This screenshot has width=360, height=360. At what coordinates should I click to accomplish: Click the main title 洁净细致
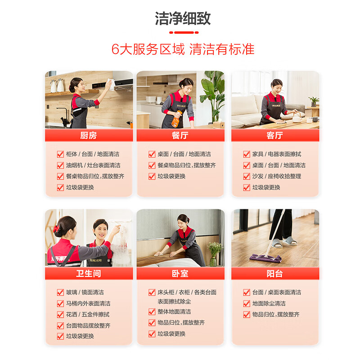(x=183, y=18)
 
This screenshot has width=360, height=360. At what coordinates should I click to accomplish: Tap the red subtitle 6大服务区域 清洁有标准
(x=183, y=49)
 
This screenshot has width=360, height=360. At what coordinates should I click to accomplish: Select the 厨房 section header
(x=89, y=135)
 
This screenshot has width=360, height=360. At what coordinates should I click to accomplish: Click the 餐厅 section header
(x=180, y=135)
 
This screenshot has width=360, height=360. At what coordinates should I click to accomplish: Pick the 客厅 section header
(x=274, y=135)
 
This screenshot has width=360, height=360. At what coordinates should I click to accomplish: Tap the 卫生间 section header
(x=89, y=274)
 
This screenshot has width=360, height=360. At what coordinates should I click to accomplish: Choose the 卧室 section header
(x=180, y=274)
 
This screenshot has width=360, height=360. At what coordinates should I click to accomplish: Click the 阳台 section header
(x=274, y=274)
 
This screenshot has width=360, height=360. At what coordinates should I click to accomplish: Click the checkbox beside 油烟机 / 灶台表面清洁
(x=60, y=166)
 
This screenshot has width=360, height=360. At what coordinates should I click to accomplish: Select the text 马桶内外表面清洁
(x=88, y=304)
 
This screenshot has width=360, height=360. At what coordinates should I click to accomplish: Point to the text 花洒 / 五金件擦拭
(x=87, y=315)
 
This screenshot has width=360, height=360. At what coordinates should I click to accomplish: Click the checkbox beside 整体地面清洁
(x=152, y=312)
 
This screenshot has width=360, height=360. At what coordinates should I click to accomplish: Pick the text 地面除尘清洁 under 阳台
(x=269, y=304)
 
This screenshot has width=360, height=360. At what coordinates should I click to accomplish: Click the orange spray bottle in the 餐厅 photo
(x=176, y=118)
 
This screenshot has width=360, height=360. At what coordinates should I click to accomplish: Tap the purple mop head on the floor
(x=265, y=258)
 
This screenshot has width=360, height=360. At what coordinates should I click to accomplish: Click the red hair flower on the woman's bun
(x=56, y=229)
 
